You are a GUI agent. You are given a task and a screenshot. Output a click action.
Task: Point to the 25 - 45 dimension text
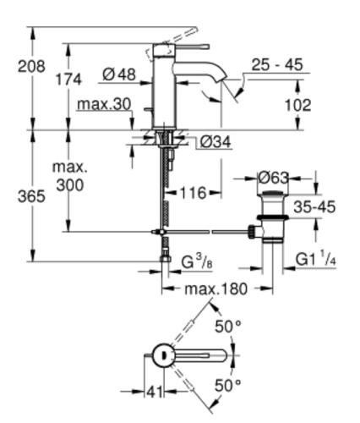tap(276, 64)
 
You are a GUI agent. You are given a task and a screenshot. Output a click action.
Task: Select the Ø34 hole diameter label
tap(218, 142)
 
